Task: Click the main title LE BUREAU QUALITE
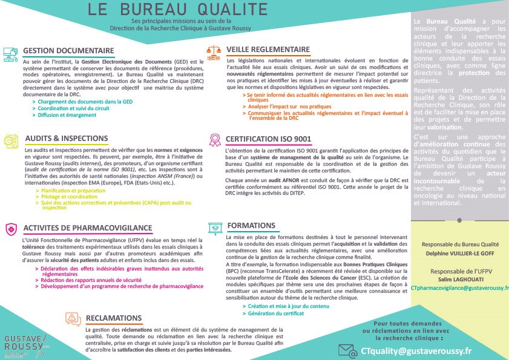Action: pyautogui.click(x=177, y=10)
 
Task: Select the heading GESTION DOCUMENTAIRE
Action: pyautogui.click(x=68, y=51)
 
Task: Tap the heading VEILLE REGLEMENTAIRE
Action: pyautogui.click(x=268, y=50)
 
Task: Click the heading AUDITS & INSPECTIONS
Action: pyautogui.click(x=67, y=137)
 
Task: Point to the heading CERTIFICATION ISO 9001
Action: pyautogui.click(x=269, y=139)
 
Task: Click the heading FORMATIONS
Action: pyautogui.click(x=251, y=226)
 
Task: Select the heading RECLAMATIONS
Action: pyautogui.click(x=114, y=318)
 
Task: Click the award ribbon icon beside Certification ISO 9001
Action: pyautogui.click(x=214, y=140)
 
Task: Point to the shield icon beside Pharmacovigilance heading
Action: pyautogui.click(x=11, y=229)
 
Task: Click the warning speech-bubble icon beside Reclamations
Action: pyautogui.click(x=72, y=318)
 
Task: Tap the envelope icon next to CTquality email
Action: pyautogui.click(x=347, y=351)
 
